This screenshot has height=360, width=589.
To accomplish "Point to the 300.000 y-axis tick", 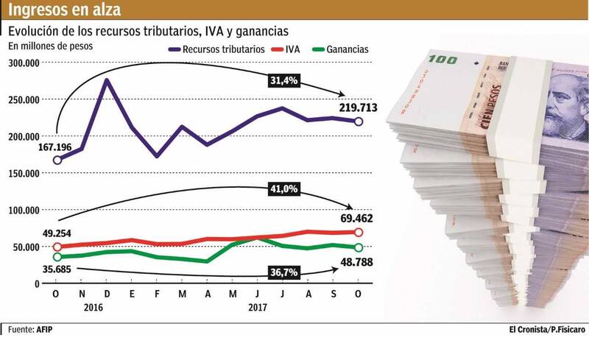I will tap(24, 63).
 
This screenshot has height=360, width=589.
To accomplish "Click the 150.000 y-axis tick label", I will tap(24, 174).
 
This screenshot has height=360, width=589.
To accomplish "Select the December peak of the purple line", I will tap(107, 80).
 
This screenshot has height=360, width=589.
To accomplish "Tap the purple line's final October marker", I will tap(359, 121).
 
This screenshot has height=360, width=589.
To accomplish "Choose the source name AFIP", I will tap(44, 328).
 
